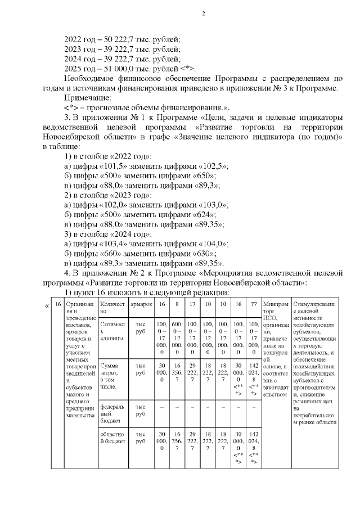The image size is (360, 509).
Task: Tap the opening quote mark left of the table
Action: coord(46,306)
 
